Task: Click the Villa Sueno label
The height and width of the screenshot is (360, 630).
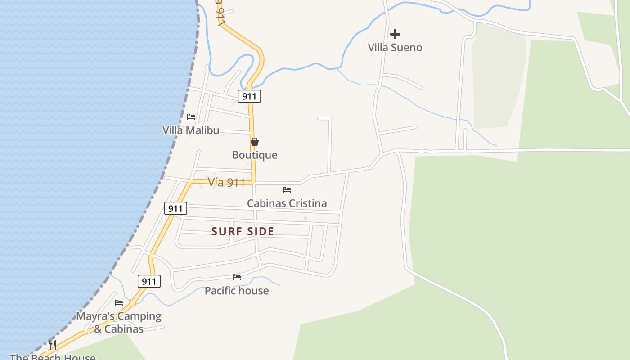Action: click(x=395, y=47)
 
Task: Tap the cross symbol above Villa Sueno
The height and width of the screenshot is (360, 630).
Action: click(x=395, y=34)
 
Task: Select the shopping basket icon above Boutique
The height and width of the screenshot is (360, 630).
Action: click(x=255, y=142)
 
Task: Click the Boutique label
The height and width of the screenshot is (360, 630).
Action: click(x=255, y=155)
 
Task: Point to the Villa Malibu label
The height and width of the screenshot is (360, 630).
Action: click(x=191, y=130)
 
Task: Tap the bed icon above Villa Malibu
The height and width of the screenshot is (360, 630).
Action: click(x=191, y=117)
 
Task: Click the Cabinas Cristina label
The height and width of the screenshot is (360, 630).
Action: click(x=287, y=203)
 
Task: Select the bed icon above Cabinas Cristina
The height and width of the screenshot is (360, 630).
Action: click(x=287, y=190)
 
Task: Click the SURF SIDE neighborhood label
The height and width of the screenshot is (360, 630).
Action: click(x=243, y=231)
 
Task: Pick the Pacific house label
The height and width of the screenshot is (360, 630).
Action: click(x=237, y=290)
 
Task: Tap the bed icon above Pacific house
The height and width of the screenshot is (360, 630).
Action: click(x=237, y=277)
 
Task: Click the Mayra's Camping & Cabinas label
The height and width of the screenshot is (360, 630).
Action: click(x=119, y=322)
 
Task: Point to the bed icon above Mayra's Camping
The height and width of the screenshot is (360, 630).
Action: click(x=119, y=303)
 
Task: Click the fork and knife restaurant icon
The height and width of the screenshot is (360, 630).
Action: click(x=53, y=345)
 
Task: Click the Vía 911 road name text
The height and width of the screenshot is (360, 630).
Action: click(x=226, y=182)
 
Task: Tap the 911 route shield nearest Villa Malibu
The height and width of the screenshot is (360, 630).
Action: click(x=249, y=96)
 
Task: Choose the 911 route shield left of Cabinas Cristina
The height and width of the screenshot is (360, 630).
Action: click(x=175, y=208)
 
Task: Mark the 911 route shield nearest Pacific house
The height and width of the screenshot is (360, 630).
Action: click(x=149, y=282)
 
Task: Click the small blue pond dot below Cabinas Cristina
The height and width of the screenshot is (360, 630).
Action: click(x=306, y=218)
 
